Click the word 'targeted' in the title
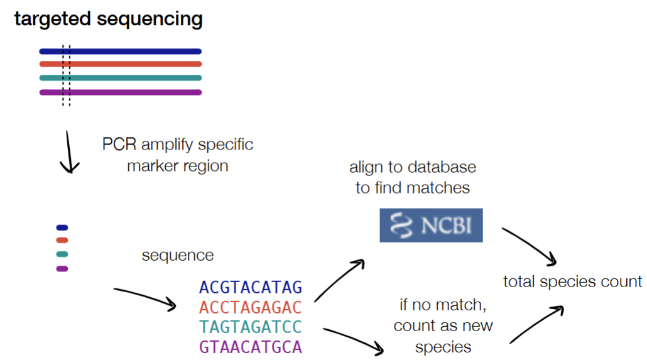pos(52,19)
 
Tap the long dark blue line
pos(121,52)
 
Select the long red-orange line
pos(121,64)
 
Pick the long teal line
pos(121,78)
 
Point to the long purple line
pos(121,92)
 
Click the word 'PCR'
pos(119,145)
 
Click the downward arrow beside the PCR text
pos(69,152)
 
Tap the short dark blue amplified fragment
pos(62,227)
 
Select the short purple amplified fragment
pos(62,269)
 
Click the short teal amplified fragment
pos(62,254)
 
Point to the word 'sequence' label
pos(178,256)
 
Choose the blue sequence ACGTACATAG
pos(251,287)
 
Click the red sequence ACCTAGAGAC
pos(251,307)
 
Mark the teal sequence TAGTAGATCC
pos(251,327)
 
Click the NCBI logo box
pos(431,226)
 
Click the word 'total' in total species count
pos(519,281)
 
